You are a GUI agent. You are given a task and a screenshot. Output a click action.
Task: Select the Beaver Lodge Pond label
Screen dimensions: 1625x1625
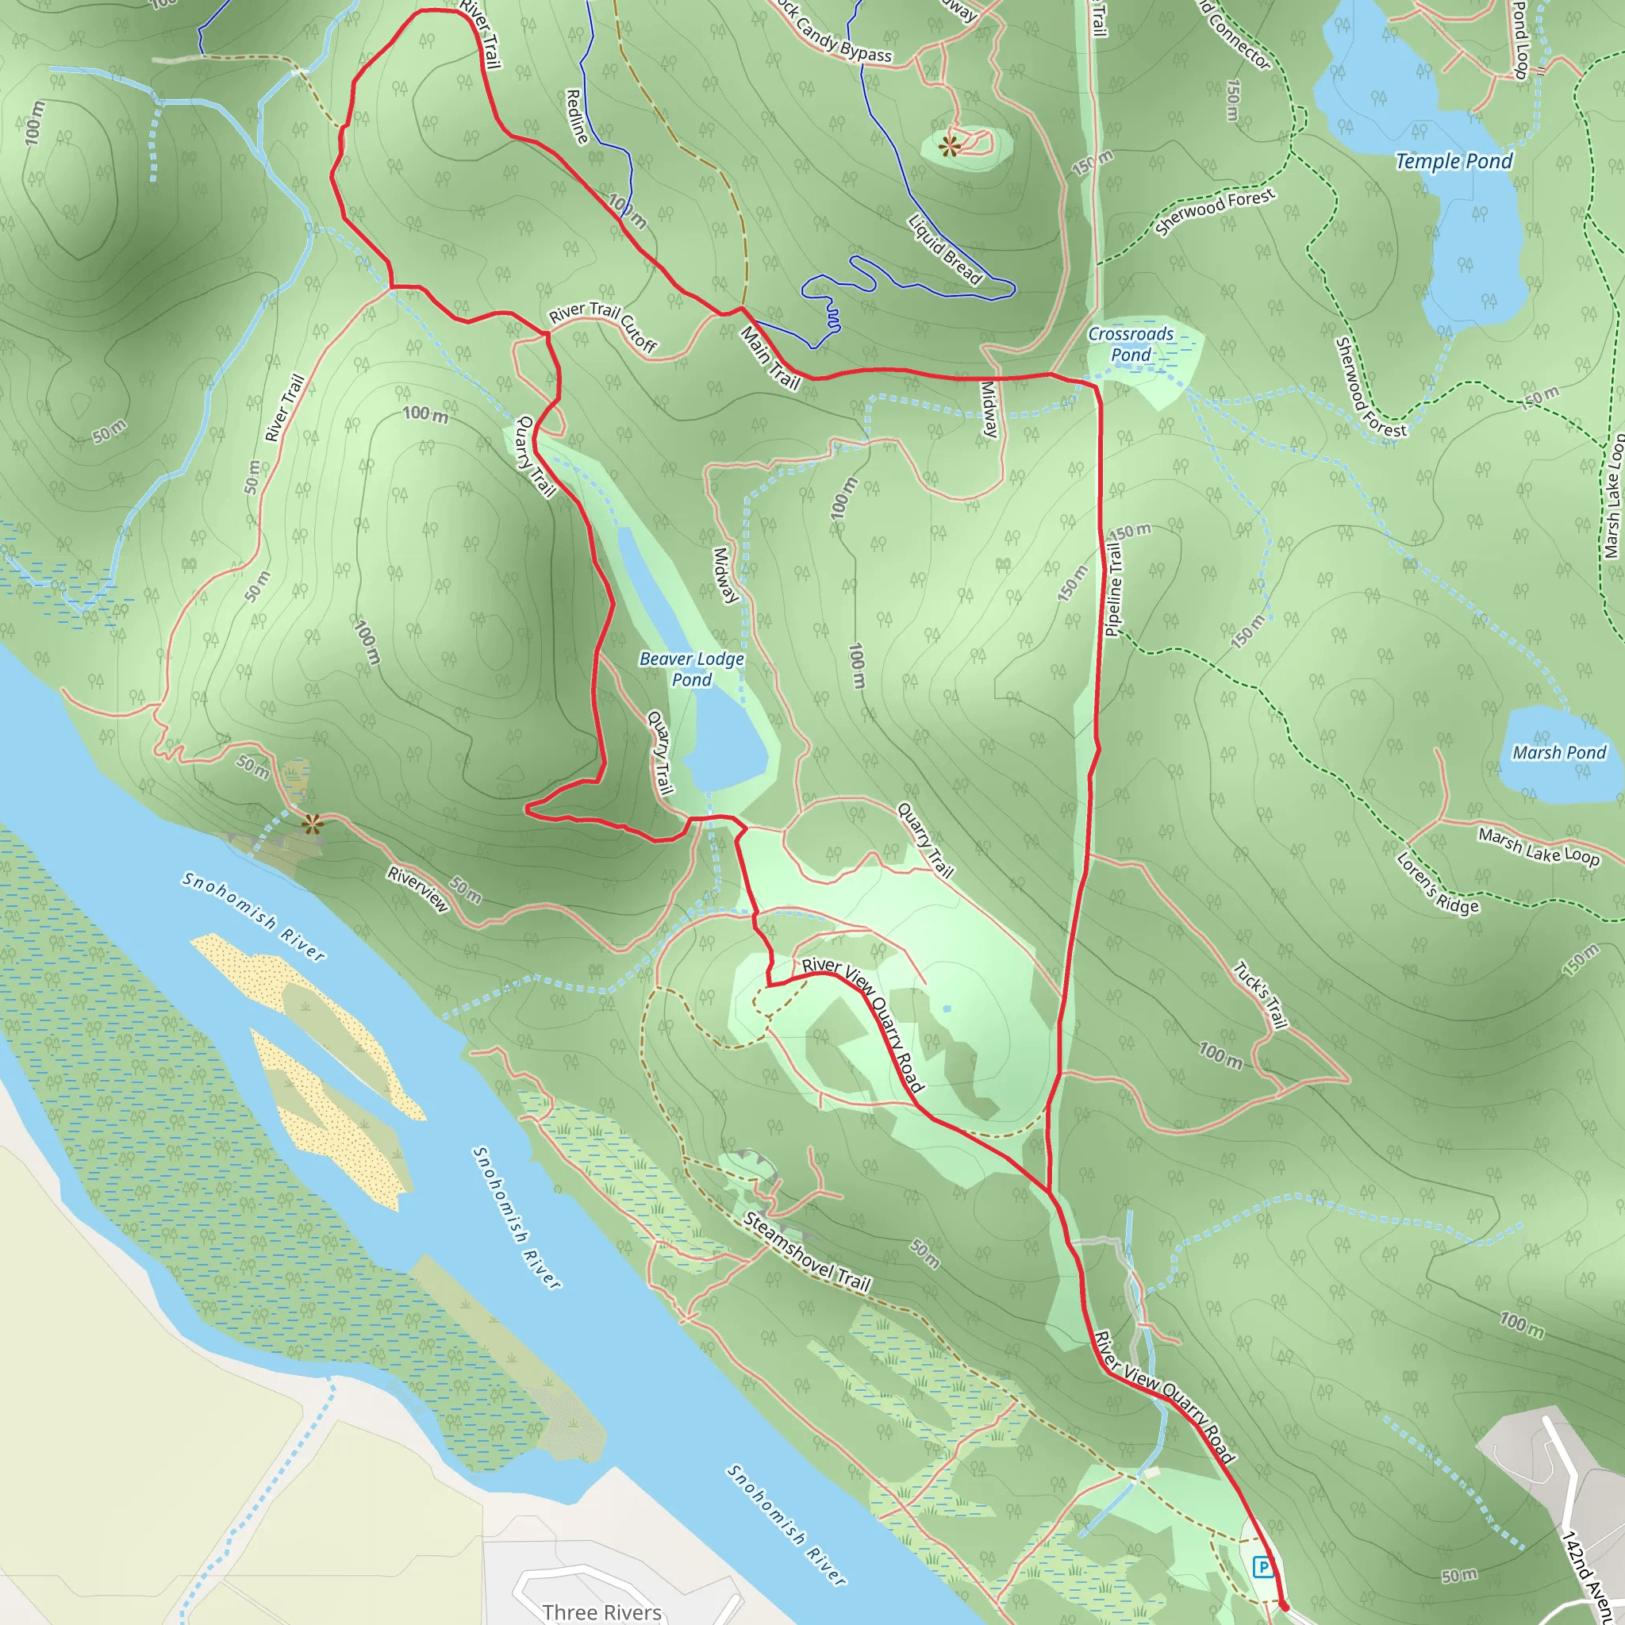691,669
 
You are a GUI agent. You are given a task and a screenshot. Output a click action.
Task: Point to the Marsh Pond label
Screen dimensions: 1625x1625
1558,753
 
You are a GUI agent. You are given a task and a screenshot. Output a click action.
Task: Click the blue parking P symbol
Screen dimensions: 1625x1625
1262,1566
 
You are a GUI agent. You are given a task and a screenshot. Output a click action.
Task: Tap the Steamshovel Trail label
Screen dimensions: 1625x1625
807,1251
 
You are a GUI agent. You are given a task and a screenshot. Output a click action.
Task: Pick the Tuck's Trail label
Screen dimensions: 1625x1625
1260,995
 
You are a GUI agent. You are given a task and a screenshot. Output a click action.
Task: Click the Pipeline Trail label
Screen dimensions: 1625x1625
1112,589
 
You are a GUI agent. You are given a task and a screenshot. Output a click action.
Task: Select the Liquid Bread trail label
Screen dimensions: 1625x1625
944,250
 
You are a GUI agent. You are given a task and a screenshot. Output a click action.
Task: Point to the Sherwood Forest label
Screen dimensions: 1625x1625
1215,211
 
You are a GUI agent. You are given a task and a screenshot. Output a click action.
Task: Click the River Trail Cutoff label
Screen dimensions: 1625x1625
603,325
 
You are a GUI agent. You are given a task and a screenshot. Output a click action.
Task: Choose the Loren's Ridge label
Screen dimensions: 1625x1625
1438,883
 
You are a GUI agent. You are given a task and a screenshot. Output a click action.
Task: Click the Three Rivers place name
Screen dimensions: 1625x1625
602,1612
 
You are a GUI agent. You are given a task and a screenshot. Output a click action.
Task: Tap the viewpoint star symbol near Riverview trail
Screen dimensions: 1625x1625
313,824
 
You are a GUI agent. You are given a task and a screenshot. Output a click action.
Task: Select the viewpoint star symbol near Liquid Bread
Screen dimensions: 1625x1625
951,146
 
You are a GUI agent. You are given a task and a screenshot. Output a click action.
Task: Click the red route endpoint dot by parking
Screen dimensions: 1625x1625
1284,1607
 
